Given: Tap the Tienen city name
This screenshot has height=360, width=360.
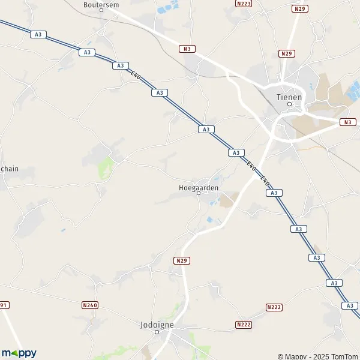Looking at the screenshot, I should [289, 96].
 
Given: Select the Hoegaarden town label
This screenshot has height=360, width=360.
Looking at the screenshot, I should [199, 187].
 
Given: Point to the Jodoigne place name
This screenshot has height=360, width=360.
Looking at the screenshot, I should [157, 324].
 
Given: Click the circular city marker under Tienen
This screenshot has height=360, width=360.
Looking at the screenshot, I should [289, 104].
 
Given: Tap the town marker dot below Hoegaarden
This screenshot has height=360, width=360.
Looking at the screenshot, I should [199, 194].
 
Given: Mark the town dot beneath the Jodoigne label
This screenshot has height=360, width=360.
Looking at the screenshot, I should [157, 331].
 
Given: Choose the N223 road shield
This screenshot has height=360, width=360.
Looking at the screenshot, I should [244, 4].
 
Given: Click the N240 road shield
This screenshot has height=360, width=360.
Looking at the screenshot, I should [89, 305].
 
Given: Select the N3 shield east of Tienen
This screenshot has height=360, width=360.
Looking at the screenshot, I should [347, 122].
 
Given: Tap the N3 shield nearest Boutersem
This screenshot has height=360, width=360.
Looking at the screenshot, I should [186, 49].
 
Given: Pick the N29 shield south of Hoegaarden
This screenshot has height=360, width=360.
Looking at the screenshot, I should [182, 260].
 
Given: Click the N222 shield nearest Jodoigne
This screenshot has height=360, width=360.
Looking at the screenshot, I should [244, 325].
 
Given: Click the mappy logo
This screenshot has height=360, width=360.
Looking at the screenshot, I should [19, 353].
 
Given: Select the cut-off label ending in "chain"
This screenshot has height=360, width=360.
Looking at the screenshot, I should [9, 169].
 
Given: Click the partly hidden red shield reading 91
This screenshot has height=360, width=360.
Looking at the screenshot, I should [4, 305].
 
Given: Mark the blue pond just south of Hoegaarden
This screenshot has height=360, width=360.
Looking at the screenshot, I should [209, 220].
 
